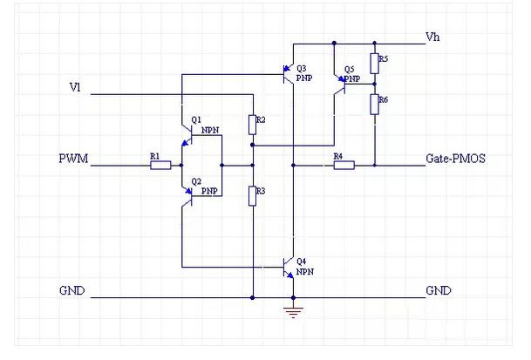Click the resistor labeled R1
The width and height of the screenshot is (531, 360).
[x=160, y=164]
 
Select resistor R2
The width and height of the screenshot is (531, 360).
[x=252, y=125]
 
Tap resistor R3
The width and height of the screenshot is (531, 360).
[x=252, y=195]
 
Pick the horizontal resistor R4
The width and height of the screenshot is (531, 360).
[x=344, y=164]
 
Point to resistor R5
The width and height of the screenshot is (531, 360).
[x=373, y=63]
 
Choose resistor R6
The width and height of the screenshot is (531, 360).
[x=373, y=105]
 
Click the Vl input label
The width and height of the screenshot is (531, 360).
[x=75, y=87]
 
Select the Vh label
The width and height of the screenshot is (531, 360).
[x=432, y=37]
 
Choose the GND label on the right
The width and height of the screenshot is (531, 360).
[x=439, y=291]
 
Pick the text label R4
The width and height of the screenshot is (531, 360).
[x=337, y=155]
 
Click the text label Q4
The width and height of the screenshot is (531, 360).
[x=302, y=261]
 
